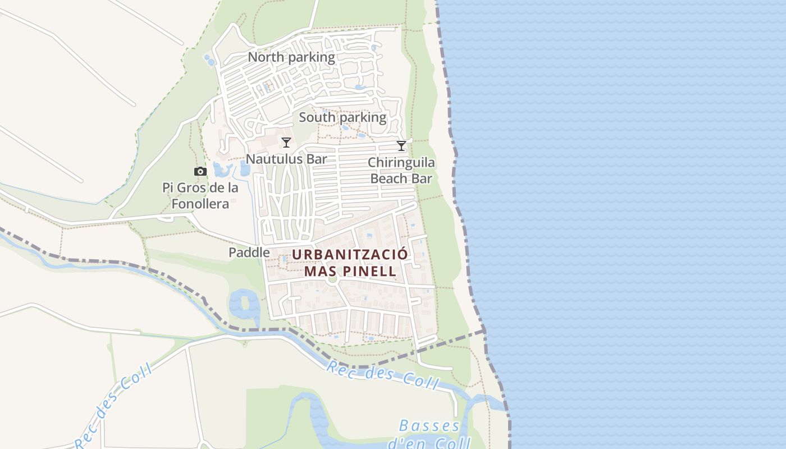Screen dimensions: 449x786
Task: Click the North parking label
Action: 291,57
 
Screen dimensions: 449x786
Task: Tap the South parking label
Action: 342,118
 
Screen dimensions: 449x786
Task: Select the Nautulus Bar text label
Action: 286,159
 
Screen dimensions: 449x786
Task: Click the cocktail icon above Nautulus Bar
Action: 286,143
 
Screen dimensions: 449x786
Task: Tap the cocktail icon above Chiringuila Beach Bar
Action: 401,146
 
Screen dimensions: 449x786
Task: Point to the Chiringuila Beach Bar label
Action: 401,171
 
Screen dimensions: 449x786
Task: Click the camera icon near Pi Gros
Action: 200,172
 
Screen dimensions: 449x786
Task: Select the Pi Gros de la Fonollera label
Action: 200,195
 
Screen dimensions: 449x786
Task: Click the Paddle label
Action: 249,253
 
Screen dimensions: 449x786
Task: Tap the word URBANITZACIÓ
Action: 350,254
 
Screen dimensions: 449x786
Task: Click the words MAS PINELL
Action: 350,271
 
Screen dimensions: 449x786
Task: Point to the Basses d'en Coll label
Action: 429,434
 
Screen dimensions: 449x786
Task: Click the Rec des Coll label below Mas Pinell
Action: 382,375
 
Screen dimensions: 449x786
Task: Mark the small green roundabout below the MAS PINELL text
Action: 332,279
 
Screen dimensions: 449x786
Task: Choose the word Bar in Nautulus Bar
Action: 317,159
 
